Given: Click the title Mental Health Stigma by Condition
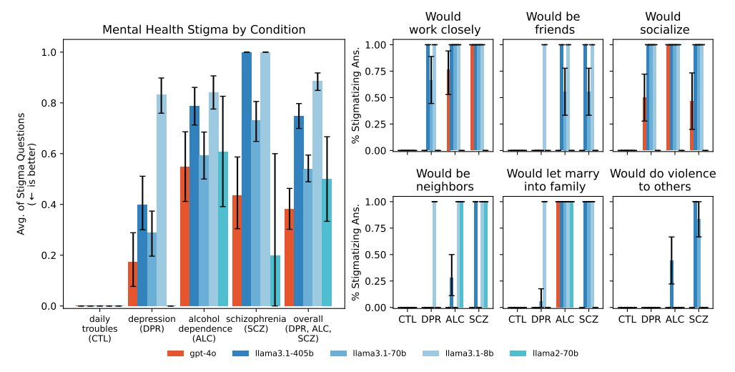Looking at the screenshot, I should pyautogui.click(x=204, y=30).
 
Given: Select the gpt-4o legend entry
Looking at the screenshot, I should pyautogui.click(x=193, y=353).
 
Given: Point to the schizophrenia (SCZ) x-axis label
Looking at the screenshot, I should pyautogui.click(x=256, y=323).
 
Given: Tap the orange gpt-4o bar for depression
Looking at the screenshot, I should pyautogui.click(x=133, y=284).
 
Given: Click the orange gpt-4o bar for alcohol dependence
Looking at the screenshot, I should pyautogui.click(x=185, y=236).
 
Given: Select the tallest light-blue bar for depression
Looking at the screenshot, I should pyautogui.click(x=162, y=200).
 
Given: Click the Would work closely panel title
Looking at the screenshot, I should pyautogui.click(x=443, y=23).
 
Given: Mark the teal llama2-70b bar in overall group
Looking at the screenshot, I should pyautogui.click(x=327, y=243).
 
